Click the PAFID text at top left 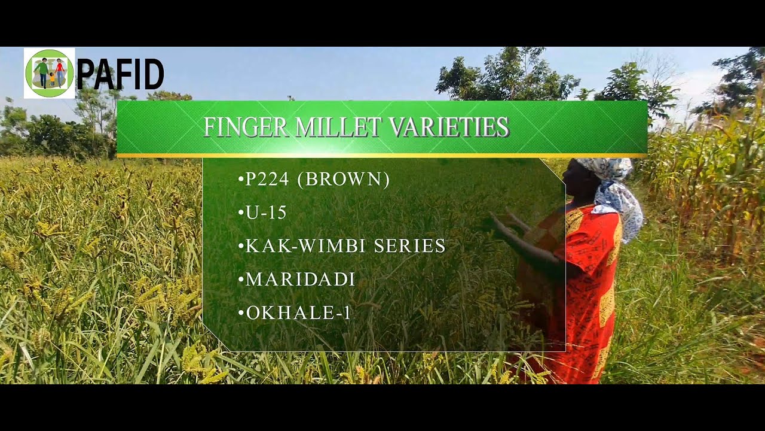tap(120, 74)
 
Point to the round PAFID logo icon tap(49, 73)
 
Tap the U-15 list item tap(267, 213)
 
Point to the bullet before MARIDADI tap(241, 280)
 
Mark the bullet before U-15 tap(241, 213)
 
